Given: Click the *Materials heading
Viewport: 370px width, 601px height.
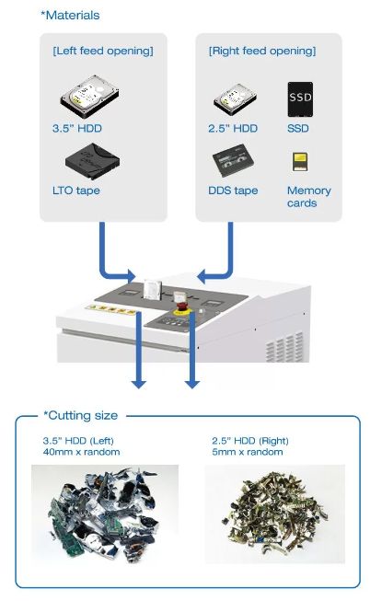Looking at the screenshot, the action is coord(70,16).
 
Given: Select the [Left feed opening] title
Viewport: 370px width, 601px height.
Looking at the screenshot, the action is coord(103,51).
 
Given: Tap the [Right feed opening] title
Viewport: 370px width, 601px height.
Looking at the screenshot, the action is coord(262,51).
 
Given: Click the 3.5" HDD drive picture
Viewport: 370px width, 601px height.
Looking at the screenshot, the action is coord(89,97).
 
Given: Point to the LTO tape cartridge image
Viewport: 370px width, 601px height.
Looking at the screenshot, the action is coord(92,161).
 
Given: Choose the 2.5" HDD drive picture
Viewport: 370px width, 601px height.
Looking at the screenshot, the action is coord(235,98).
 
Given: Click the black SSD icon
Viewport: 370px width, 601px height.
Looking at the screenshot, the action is coord(300,99).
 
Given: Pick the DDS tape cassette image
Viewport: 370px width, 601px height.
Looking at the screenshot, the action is coord(233,160).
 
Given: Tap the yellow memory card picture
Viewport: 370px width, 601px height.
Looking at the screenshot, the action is coord(300,162).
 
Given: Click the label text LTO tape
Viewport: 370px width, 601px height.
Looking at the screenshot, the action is coord(75,191).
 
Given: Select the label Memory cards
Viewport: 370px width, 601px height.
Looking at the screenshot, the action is coord(309,197).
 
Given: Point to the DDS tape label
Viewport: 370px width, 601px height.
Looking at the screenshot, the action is coord(233,191).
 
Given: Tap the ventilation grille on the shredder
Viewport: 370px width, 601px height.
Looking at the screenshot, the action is coord(284,347).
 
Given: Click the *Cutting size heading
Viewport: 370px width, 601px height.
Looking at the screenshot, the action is coord(80,415).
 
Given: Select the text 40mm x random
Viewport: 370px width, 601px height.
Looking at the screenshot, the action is coord(81,452).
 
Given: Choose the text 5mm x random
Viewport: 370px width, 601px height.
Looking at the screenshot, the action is coord(248,452).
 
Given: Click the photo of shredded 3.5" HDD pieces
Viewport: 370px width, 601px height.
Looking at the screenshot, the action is coord(105,514).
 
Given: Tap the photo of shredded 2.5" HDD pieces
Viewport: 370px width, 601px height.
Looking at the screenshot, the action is coord(274,514).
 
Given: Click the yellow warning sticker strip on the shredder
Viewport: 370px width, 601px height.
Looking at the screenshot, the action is coord(112,309).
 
